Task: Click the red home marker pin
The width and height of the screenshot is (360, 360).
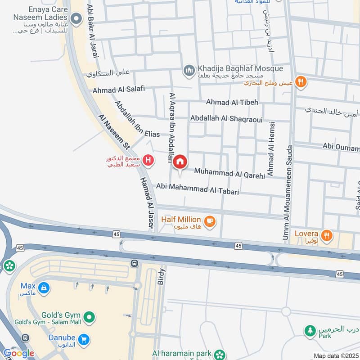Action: tap(180, 161)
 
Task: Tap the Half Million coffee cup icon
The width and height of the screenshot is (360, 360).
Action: tap(210, 220)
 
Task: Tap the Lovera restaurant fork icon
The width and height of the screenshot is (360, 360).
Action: tap(327, 234)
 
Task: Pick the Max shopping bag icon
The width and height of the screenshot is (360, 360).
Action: tap(44, 287)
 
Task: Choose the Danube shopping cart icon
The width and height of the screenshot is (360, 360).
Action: tap(83, 340)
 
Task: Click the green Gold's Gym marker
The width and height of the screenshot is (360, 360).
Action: tap(89, 317)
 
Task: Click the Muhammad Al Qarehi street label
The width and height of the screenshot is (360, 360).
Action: tap(230, 173)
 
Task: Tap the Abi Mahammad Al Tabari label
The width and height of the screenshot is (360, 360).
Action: tap(197, 189)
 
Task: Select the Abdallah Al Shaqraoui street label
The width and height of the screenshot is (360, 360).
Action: tap(226, 118)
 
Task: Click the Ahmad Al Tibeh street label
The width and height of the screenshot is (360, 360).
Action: tap(232, 102)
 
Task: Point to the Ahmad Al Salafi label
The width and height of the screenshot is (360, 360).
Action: tap(119, 90)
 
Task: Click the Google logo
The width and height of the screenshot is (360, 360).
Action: tap(18, 353)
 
